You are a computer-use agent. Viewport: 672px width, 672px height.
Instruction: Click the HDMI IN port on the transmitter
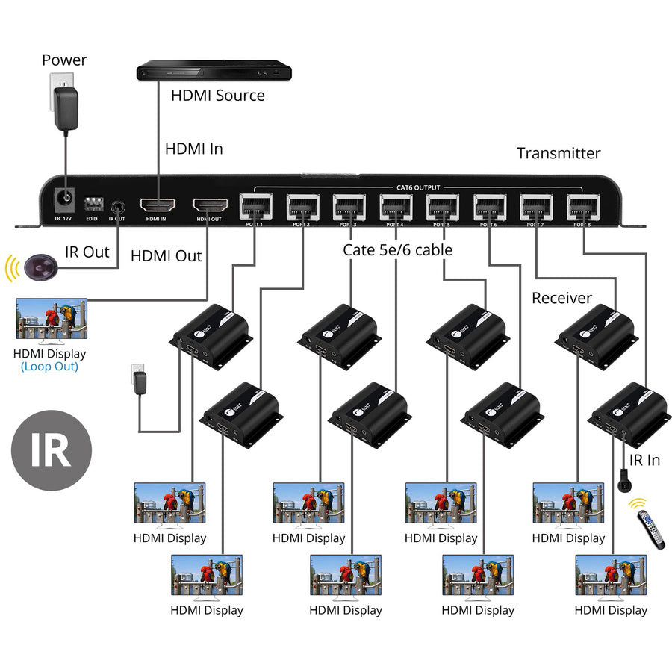[x=157, y=205]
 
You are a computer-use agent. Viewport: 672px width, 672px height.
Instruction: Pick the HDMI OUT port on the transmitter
[x=210, y=205]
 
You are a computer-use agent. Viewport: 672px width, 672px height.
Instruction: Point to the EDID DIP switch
[x=93, y=203]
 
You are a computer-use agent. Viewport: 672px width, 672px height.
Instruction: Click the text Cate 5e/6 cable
[x=397, y=250]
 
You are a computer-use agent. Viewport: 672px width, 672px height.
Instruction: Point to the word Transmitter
[x=559, y=153]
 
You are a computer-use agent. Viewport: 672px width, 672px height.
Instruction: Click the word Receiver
[x=561, y=298]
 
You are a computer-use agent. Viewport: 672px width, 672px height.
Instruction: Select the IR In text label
[x=644, y=460]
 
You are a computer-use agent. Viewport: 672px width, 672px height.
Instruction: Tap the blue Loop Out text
[x=49, y=367]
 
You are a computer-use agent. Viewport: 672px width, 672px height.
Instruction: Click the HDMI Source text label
[x=218, y=96]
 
